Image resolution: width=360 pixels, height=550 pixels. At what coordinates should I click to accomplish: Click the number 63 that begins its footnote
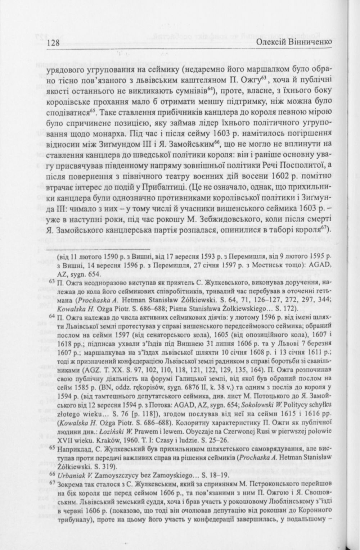tap(51, 281)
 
